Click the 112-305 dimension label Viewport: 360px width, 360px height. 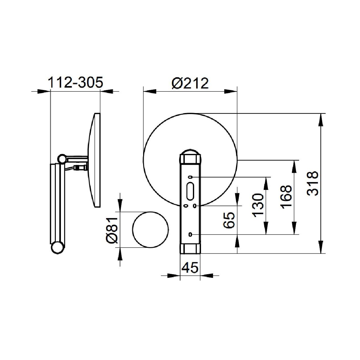tap(76, 82)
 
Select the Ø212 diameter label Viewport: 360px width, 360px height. tap(190, 83)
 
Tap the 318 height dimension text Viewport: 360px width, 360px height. tap(313, 183)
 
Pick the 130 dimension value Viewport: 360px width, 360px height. tap(258, 206)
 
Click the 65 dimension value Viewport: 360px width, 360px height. tap(229, 220)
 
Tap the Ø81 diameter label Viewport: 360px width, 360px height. tap(113, 230)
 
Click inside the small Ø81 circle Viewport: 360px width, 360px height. tap(150, 229)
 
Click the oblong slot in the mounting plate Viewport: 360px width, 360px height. tap(190, 191)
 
